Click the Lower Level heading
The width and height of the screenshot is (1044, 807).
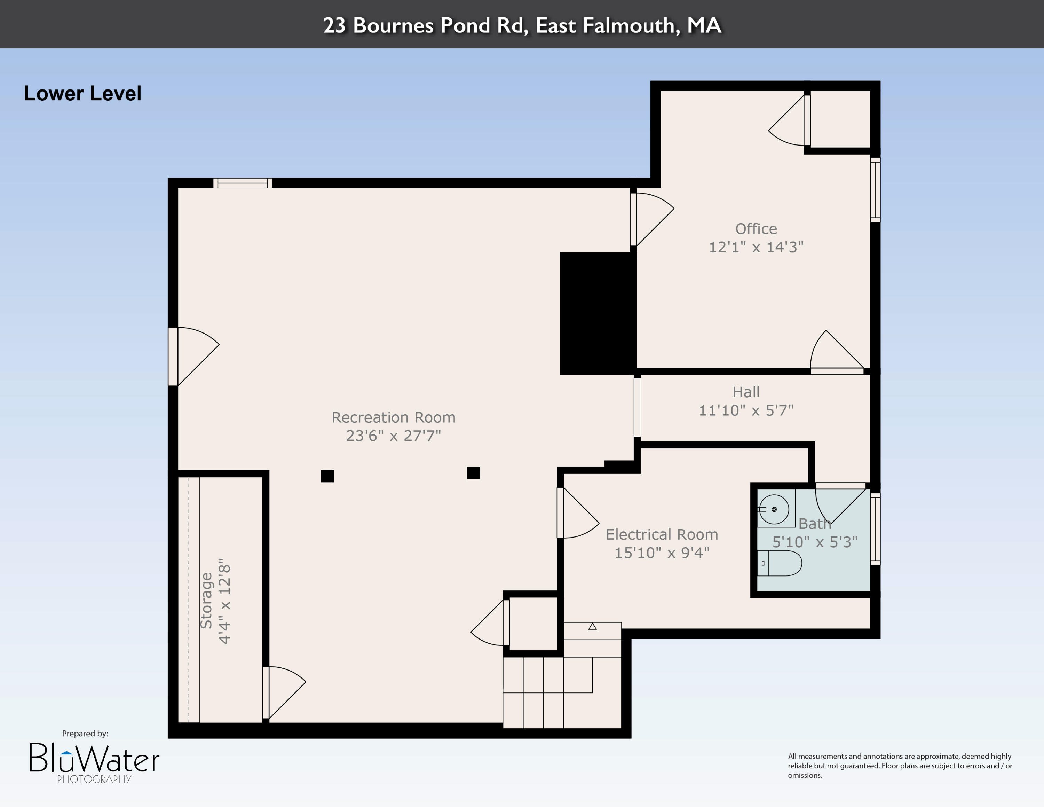(82, 93)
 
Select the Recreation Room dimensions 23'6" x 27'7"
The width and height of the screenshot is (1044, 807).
(393, 436)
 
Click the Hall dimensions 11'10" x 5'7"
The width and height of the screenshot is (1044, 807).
(746, 410)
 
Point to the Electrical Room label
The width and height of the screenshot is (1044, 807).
(662, 534)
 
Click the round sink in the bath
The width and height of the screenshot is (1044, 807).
(774, 509)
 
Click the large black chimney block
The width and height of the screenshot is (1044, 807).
(598, 313)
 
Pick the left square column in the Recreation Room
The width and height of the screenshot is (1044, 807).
(327, 476)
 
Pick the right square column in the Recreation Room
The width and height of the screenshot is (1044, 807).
(473, 473)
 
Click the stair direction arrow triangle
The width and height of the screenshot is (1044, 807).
(592, 626)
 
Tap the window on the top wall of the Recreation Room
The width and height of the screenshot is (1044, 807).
(242, 183)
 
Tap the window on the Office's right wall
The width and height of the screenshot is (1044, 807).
(875, 190)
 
